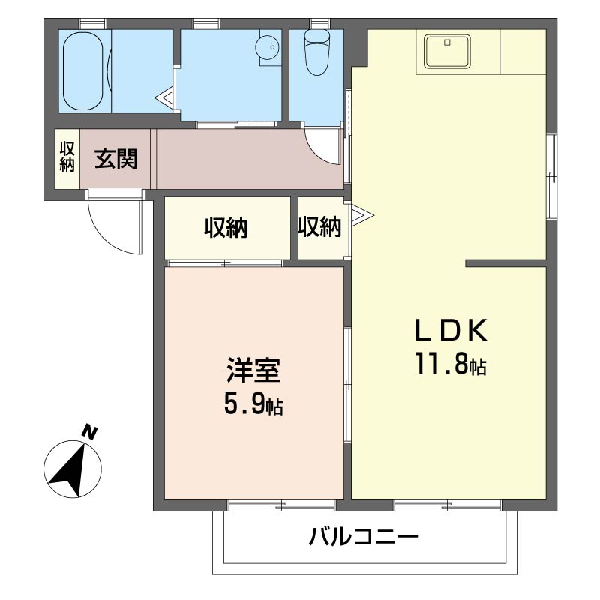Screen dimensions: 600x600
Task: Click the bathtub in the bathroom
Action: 82,71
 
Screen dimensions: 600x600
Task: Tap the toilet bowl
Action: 316,52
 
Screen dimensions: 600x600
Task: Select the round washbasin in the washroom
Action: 268,48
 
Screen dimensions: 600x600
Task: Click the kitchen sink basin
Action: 447,51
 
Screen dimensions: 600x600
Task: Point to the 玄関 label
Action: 116,159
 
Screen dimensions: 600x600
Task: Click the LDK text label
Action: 451,330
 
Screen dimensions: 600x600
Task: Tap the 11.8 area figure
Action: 441,363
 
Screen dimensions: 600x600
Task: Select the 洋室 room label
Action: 253,370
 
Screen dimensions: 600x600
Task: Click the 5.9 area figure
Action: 244,403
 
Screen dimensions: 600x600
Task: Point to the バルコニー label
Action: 364,537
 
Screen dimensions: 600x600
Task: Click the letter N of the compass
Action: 89,432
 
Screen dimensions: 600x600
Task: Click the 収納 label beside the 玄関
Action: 67,157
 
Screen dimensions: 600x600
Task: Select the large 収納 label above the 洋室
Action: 226,228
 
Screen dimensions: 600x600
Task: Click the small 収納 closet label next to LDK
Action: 319,227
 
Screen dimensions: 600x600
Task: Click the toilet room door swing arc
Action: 316,153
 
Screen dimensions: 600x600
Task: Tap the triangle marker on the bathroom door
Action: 165,98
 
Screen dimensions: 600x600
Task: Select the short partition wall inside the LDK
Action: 505,263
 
